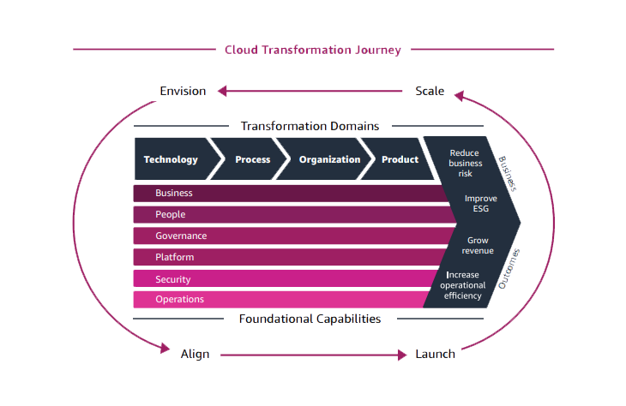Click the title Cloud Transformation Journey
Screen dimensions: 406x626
312,50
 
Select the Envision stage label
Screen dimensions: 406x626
183,91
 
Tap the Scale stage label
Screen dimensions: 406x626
430,91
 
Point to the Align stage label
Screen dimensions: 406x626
195,353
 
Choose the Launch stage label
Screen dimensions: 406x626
435,353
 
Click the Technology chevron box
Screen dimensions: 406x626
172,159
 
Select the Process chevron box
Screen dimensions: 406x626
250,159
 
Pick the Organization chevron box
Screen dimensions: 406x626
328,159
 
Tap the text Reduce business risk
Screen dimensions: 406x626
466,163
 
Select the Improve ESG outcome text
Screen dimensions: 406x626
480,204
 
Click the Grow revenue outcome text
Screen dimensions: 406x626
478,246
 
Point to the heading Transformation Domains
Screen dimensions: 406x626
310,126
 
